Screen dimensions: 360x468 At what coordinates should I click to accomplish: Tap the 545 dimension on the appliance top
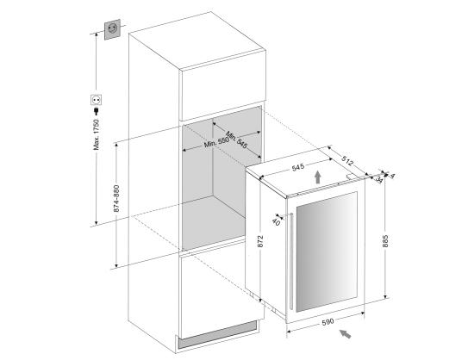click(x=301, y=157)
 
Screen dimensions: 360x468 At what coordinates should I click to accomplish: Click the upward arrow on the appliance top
click(x=319, y=176)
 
